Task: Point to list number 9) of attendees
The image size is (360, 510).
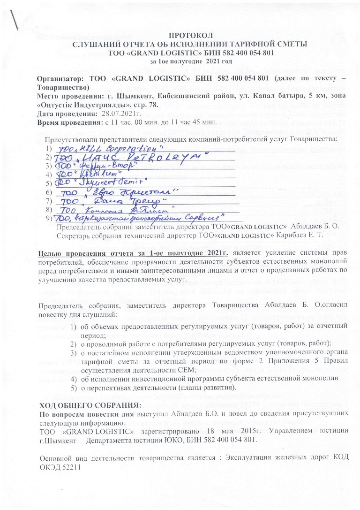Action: point(49,218)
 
